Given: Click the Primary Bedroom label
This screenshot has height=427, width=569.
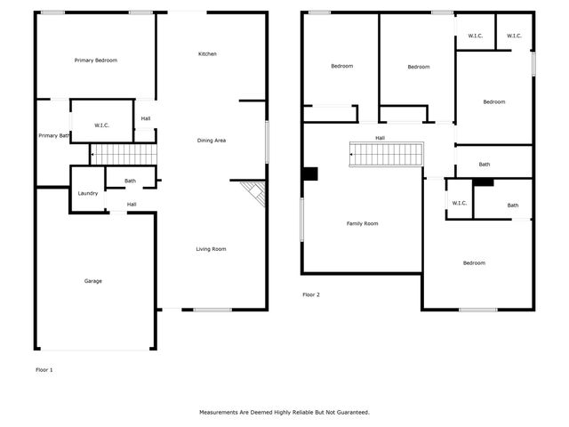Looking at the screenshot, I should (96, 60).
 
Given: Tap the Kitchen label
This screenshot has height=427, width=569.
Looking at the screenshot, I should (207, 54).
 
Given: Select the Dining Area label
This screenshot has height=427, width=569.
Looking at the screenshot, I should (211, 141).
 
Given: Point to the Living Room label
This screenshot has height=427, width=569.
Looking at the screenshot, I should (211, 249).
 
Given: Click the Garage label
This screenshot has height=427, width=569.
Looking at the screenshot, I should (93, 281).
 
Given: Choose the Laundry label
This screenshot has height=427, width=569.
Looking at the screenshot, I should (88, 193).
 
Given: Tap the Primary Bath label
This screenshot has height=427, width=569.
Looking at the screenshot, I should (53, 135).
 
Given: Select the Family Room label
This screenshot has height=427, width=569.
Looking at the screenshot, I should (362, 223).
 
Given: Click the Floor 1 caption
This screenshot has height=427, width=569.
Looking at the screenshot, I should (44, 369).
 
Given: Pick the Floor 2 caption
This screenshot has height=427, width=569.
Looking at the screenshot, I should (310, 294).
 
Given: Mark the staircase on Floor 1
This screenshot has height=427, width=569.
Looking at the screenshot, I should (124, 155).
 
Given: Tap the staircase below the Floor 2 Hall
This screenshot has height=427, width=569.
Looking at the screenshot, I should (384, 156).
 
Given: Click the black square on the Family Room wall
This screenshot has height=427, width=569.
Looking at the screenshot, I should (309, 174).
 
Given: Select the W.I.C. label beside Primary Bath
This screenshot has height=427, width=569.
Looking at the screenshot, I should (102, 125).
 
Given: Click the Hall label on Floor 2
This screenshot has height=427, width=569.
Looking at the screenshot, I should (380, 138).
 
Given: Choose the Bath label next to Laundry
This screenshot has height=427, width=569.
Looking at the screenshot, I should (130, 181).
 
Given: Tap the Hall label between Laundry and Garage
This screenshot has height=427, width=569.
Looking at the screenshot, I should (131, 205).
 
